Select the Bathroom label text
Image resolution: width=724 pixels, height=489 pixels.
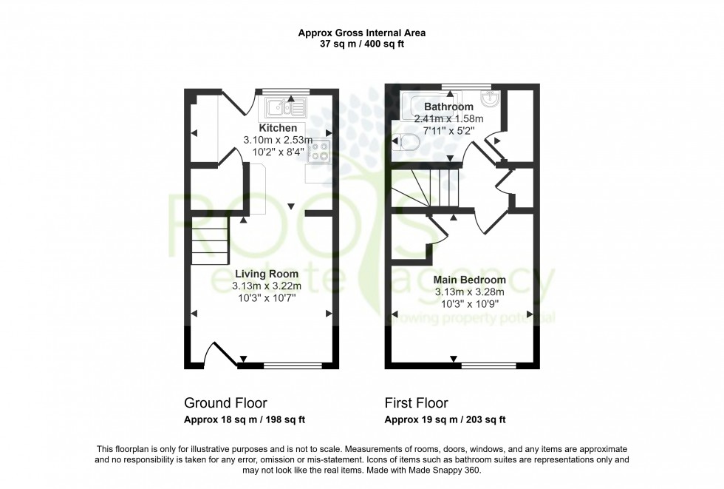(x=448, y=107)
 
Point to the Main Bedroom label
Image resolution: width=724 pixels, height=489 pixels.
(x=470, y=280)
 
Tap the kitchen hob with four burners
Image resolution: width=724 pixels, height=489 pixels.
(x=319, y=152)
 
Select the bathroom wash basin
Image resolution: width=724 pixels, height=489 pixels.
(x=489, y=99)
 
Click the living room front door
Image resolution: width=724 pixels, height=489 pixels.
(x=222, y=354)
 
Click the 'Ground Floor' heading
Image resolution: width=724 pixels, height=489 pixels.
(x=225, y=403)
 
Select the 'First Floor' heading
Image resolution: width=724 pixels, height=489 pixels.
(x=416, y=403)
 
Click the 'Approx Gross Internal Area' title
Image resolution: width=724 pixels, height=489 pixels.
(x=361, y=33)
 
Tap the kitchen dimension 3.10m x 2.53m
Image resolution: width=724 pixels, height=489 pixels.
(x=278, y=140)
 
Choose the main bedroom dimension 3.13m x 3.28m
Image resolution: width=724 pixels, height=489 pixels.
(x=470, y=291)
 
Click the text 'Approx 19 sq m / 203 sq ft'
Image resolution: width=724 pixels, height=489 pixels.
(x=445, y=419)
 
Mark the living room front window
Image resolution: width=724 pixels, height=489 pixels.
(x=289, y=365)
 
